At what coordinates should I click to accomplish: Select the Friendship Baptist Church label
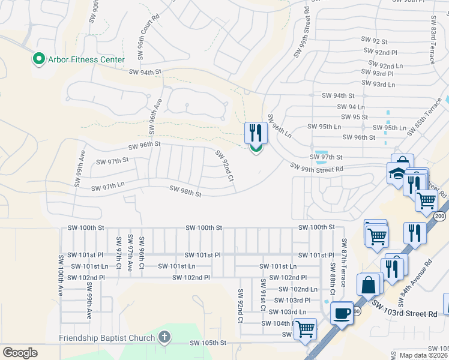click(107, 338)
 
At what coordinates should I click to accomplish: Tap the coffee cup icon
click(342, 313)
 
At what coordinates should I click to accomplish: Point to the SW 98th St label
click(185, 191)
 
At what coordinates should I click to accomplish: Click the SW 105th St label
click(208, 343)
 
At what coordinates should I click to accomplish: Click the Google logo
click(20, 353)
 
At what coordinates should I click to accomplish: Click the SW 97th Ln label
click(107, 187)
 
